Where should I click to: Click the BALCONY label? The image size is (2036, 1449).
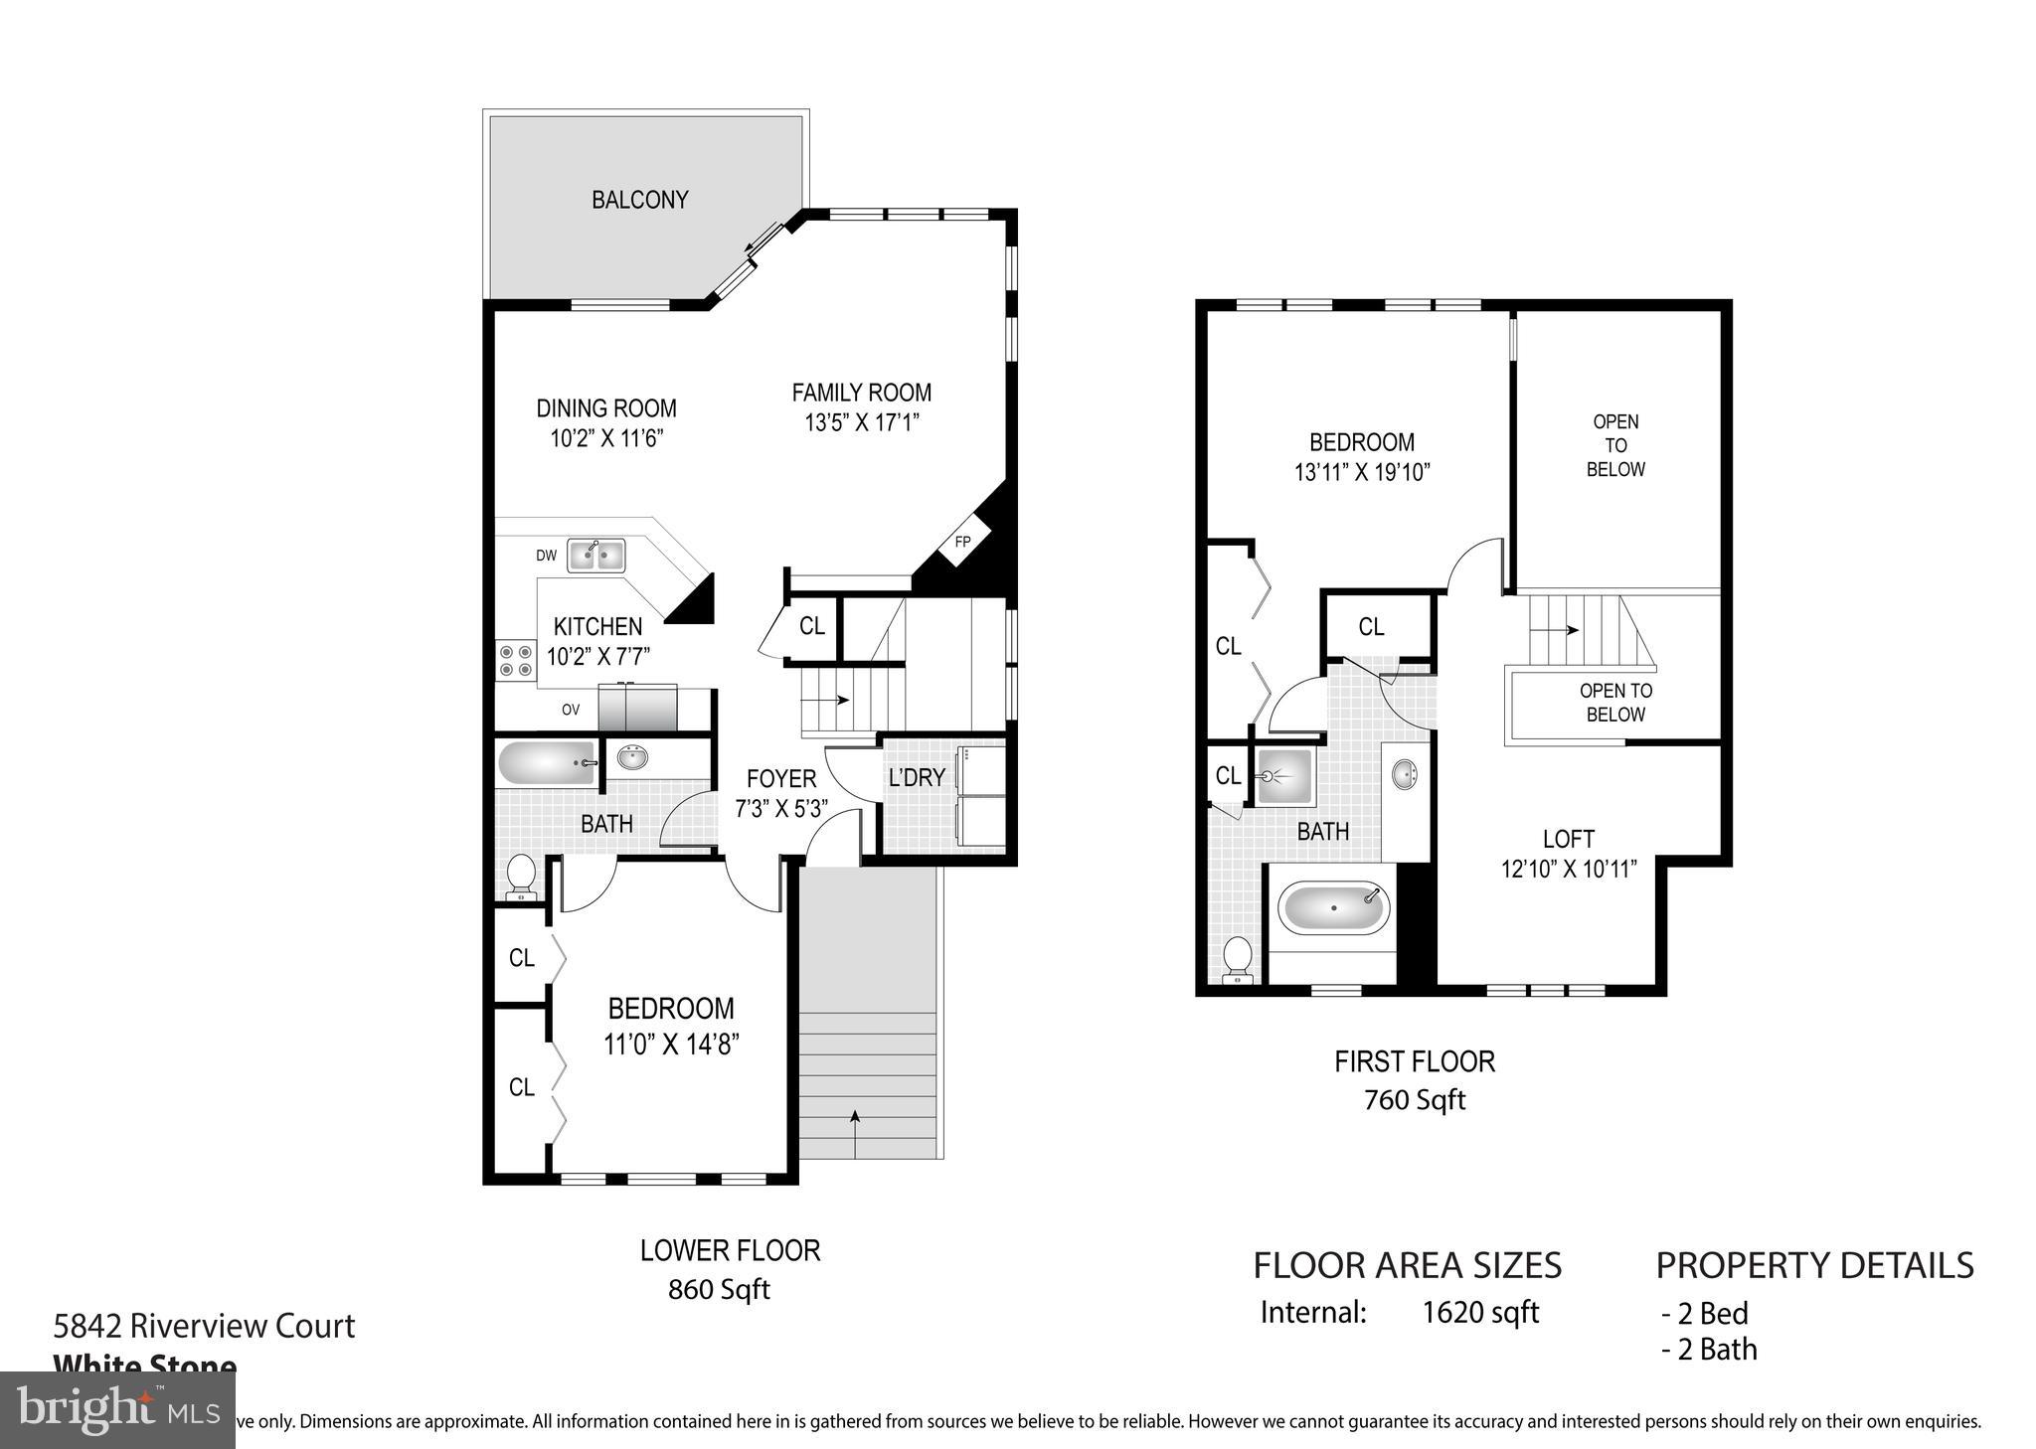[x=639, y=200]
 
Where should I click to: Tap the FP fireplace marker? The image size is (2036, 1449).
[x=962, y=543]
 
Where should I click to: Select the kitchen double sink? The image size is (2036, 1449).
[x=596, y=556]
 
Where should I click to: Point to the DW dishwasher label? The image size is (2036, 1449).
[x=546, y=556]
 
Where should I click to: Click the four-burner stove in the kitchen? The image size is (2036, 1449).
[x=515, y=661]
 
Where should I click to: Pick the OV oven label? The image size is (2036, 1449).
[x=570, y=710]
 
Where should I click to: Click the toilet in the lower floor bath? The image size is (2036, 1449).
[x=520, y=878]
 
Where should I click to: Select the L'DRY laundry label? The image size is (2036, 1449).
[x=916, y=778]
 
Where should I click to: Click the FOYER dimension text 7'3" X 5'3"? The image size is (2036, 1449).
[x=781, y=809]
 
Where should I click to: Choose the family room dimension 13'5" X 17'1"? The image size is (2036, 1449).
[x=861, y=423]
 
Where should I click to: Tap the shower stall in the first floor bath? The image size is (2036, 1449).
[x=1283, y=776]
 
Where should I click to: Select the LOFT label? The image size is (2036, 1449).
[x=1569, y=839]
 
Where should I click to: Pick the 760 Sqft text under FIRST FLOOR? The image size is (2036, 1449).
[x=1415, y=1100]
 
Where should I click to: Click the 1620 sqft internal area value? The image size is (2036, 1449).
[x=1479, y=1313]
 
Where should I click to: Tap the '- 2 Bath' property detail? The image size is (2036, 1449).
[x=1709, y=1350]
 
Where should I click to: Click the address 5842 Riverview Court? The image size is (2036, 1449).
[x=204, y=1326]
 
